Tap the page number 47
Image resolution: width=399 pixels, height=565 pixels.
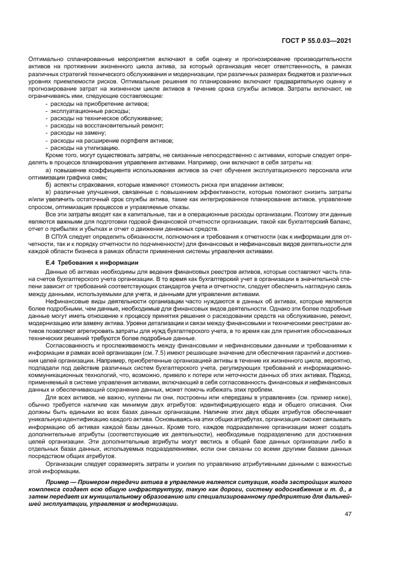[348, 514]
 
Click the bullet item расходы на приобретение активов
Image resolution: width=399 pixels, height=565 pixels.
[99, 105]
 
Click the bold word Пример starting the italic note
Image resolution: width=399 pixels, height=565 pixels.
[58, 476]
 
